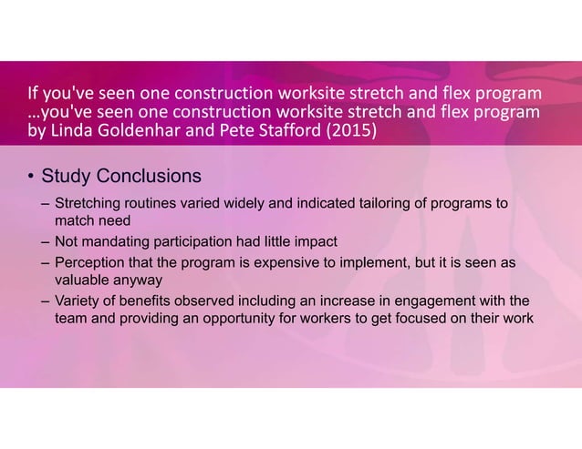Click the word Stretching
click(88, 203)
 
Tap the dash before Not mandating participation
click(44, 241)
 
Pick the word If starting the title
click(33, 95)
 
